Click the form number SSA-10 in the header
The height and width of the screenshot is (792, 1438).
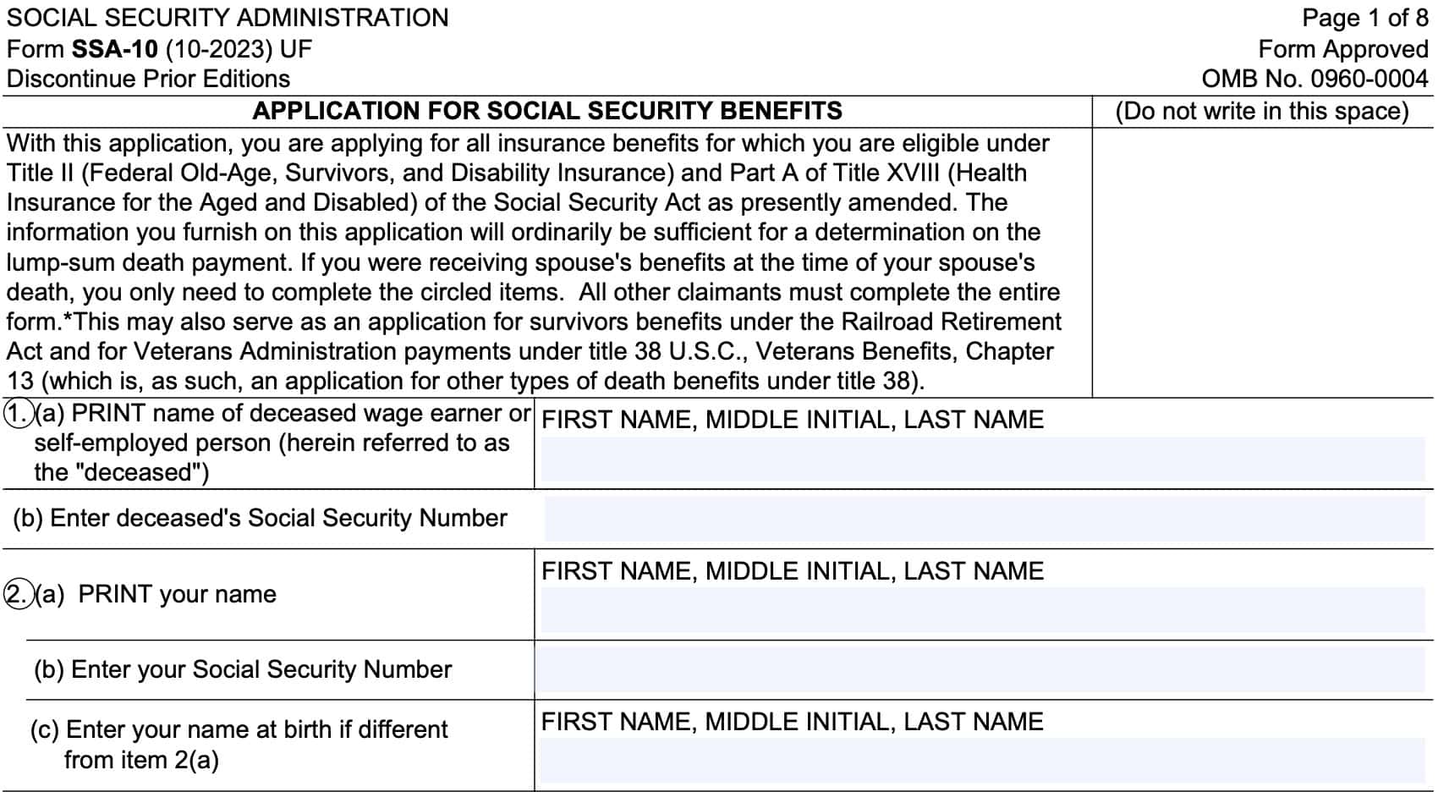[114, 48]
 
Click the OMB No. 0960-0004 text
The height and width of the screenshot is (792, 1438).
[1315, 79]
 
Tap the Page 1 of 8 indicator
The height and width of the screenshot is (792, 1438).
[1364, 18]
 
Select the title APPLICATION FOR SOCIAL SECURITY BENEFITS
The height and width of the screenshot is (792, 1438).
[547, 111]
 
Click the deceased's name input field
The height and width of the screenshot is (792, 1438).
[981, 459]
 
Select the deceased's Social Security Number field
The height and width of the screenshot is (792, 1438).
[984, 519]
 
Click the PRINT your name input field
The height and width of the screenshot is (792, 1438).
[981, 609]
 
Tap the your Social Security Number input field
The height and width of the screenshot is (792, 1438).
[981, 669]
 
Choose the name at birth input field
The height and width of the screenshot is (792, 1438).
[981, 760]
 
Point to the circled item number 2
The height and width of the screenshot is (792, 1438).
[17, 594]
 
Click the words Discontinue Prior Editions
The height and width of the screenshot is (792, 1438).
[148, 79]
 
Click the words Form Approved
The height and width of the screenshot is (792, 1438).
[1343, 48]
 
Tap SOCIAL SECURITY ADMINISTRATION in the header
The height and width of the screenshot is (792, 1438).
[228, 18]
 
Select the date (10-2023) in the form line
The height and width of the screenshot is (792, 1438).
[219, 48]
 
